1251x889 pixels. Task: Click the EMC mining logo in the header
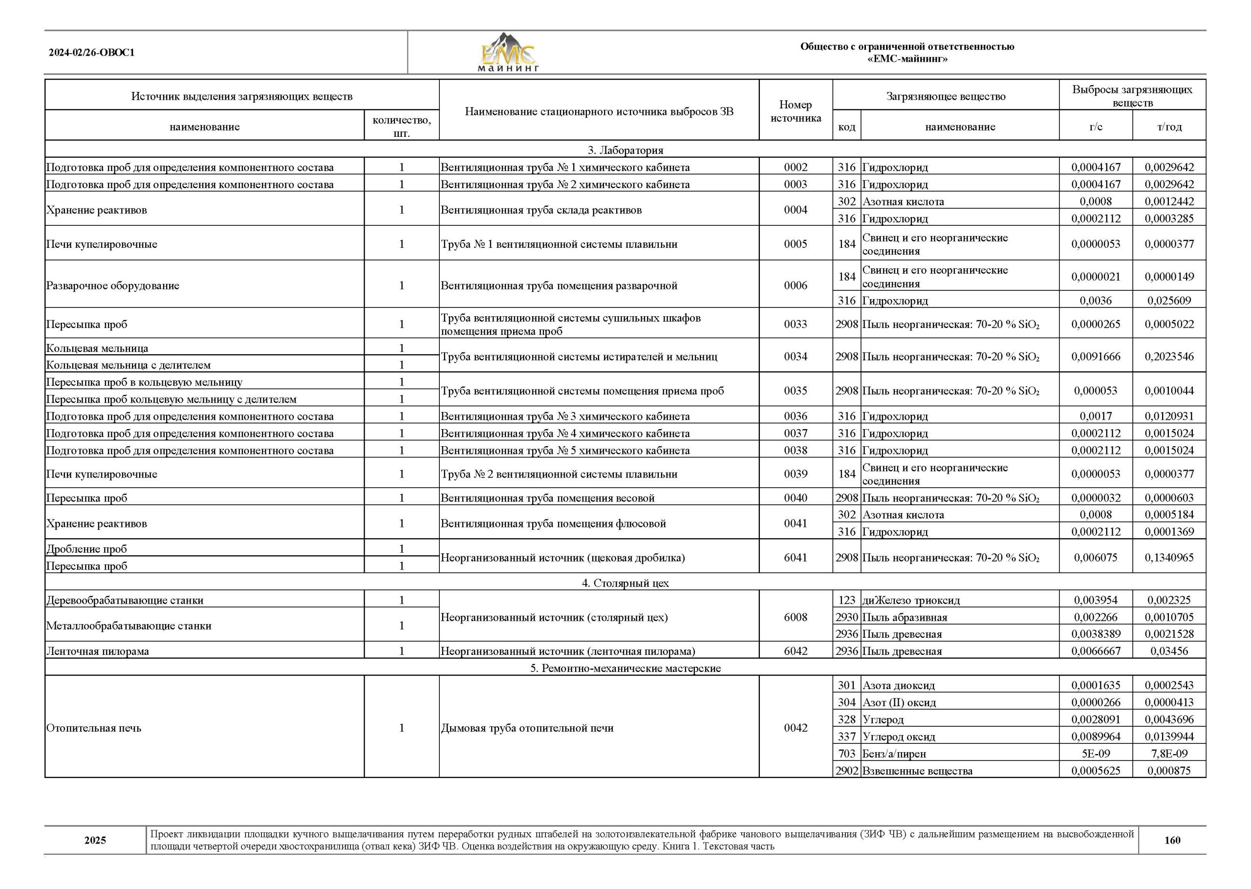508,53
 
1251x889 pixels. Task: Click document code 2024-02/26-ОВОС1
91,53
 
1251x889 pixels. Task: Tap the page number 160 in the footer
1172,840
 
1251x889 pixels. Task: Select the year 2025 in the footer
95,840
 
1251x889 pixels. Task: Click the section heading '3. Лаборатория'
625,150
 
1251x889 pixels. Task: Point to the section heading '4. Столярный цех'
625,583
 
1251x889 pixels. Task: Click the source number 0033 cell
795,324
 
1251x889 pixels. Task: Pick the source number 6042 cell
795,651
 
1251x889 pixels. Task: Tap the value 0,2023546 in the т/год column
1169,356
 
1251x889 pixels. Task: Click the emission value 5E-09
1096,754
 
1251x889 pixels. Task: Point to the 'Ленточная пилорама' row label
97,651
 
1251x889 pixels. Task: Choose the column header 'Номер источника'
795,111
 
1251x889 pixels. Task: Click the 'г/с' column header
1096,127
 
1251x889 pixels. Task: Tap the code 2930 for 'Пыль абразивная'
846,617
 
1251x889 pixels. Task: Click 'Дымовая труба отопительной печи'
527,728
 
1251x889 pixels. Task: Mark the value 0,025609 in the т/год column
1169,301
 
